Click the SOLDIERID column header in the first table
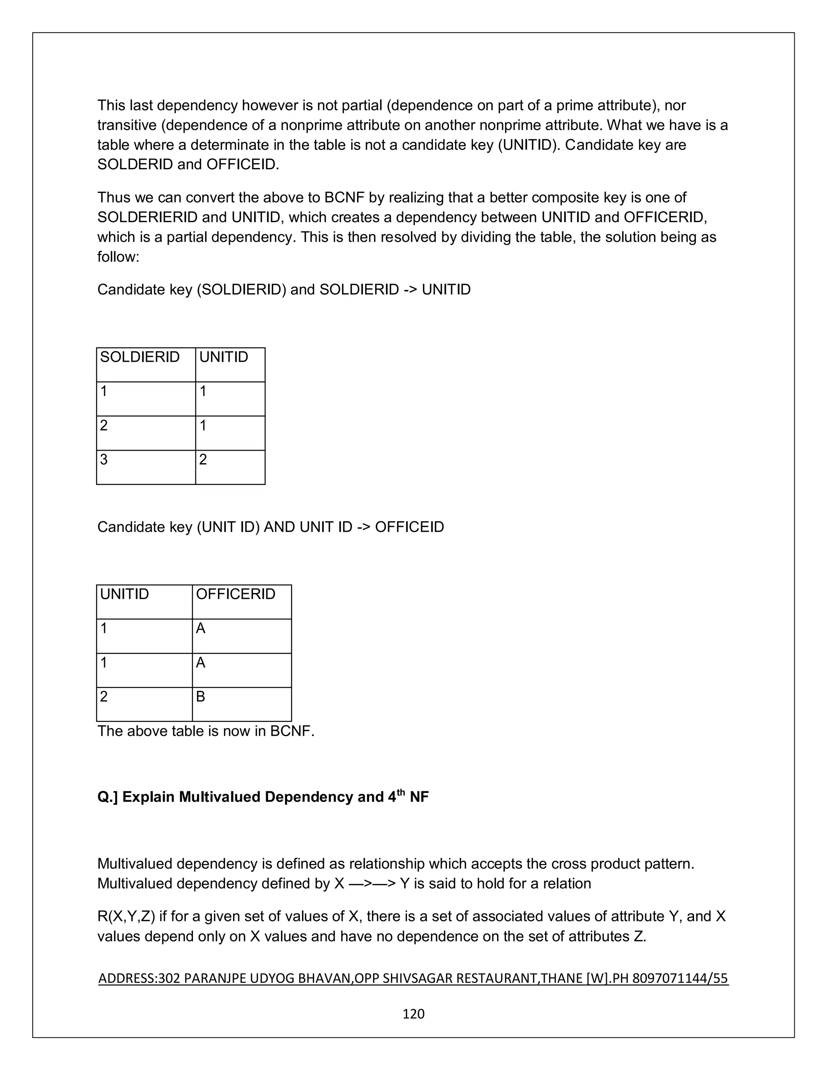pyautogui.click(x=140, y=357)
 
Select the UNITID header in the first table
pyautogui.click(x=223, y=357)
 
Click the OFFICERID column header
pyautogui.click(x=236, y=594)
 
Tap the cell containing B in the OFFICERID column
pyautogui.click(x=200, y=696)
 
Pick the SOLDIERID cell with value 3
pyautogui.click(x=104, y=459)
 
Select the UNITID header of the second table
pyautogui.click(x=124, y=594)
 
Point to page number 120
pyautogui.click(x=413, y=1013)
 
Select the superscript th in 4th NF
pyautogui.click(x=401, y=792)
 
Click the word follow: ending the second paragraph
pyautogui.click(x=118, y=257)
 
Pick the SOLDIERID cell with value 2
pyautogui.click(x=104, y=425)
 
